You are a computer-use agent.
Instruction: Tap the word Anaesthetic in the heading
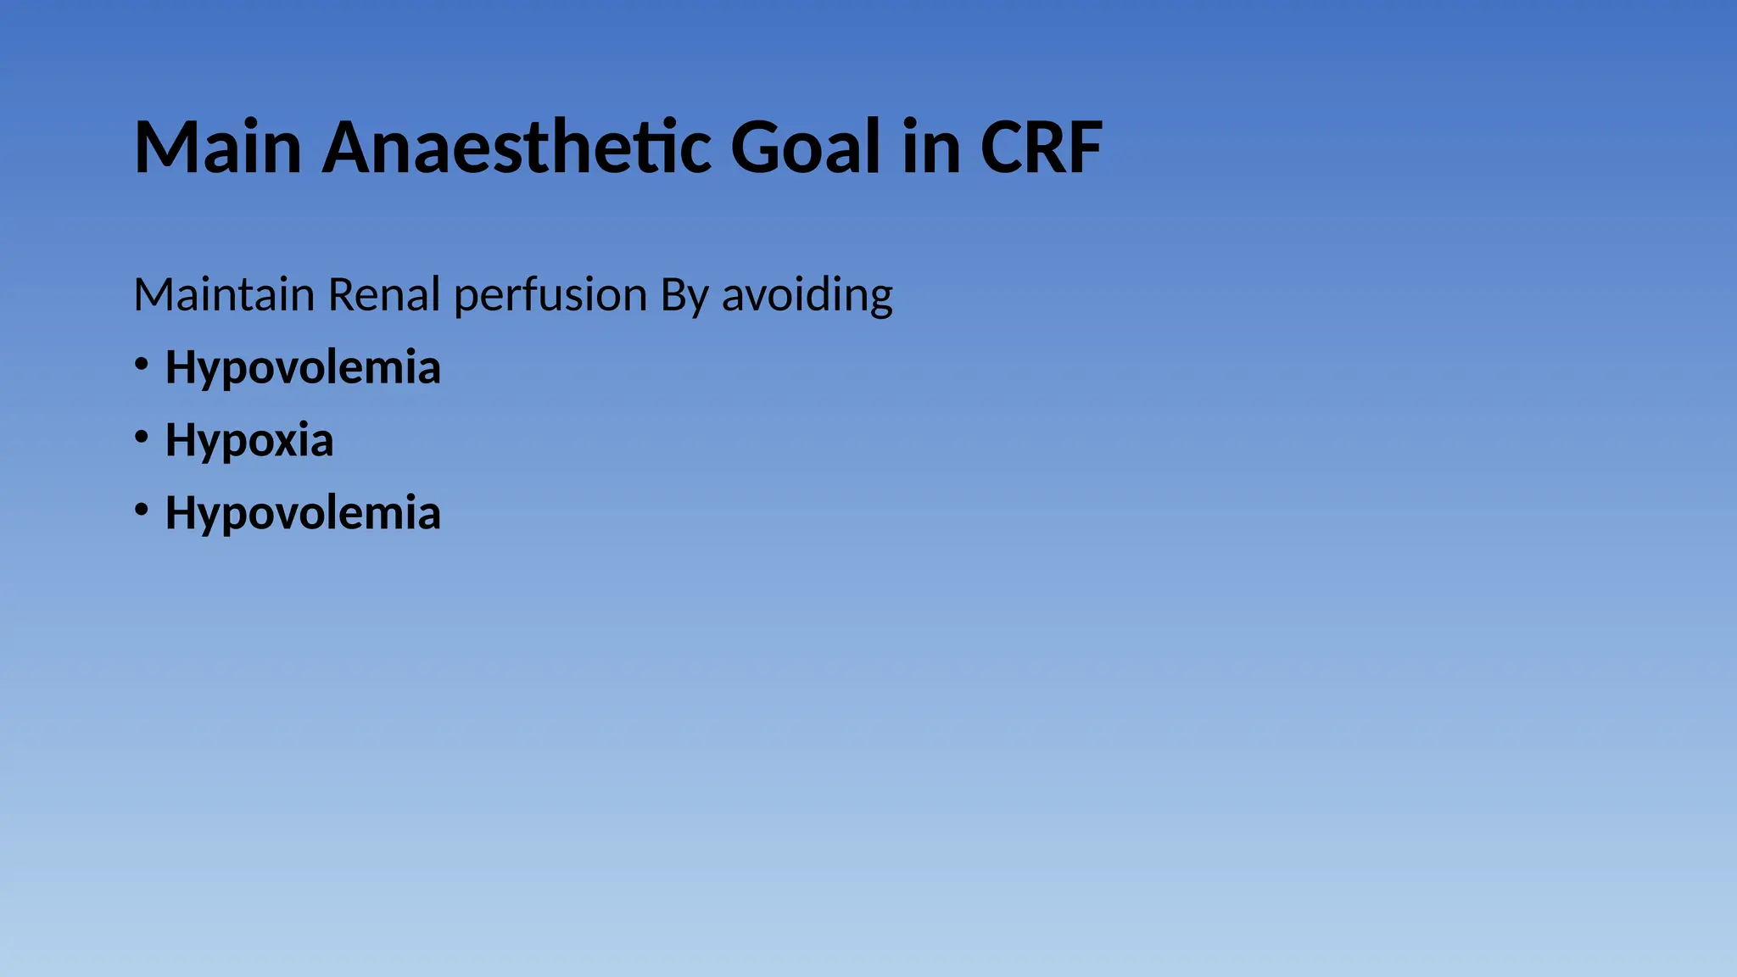(516, 148)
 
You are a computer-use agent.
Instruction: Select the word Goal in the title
(805, 148)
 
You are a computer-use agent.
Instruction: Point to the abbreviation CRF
(1041, 148)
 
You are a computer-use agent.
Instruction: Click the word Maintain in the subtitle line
(224, 295)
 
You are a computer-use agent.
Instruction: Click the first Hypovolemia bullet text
(303, 368)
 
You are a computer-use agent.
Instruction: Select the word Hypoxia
(249, 441)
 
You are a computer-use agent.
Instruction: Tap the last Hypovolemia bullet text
(303, 514)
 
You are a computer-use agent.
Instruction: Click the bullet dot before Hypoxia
(142, 438)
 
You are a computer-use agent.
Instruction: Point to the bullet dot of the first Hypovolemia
(142, 365)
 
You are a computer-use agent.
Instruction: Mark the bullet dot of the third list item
(142, 510)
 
